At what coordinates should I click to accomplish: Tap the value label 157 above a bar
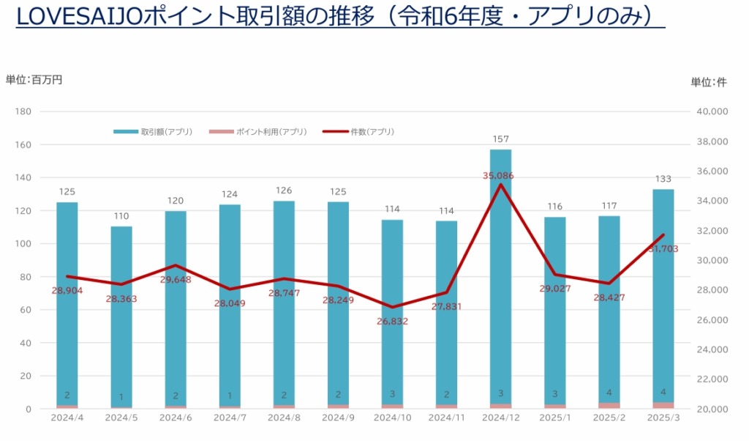(500, 139)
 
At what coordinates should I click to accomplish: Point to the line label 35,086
(500, 176)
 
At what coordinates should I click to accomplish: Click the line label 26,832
(392, 321)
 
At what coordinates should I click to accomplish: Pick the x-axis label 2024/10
(392, 418)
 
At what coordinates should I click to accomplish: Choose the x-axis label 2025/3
(663, 418)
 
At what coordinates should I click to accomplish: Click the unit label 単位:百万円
(34, 80)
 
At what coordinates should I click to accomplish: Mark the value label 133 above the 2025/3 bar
(663, 179)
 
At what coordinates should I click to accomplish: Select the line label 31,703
(663, 249)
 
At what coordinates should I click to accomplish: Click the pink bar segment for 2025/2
(609, 405)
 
